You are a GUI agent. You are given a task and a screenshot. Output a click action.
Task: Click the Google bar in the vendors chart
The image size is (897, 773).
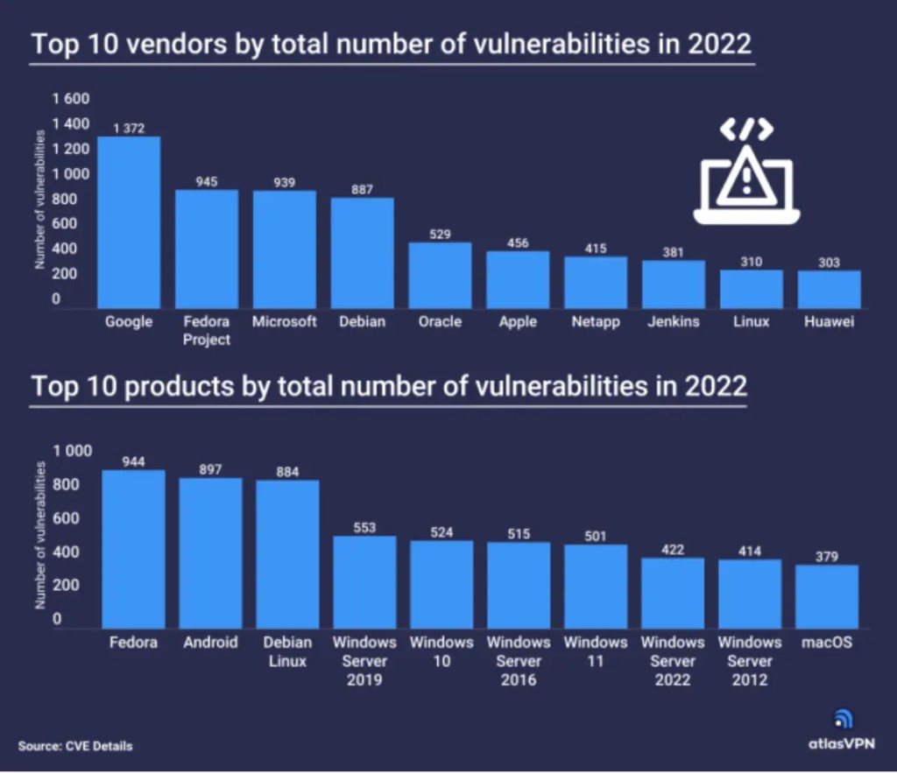129,222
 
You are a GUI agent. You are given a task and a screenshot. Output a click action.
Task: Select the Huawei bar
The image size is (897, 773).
829,289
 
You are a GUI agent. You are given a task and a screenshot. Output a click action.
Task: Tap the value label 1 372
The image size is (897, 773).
128,129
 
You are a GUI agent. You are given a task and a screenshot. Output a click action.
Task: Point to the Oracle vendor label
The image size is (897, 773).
440,321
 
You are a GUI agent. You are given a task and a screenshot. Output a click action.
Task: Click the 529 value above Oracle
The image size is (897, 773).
440,234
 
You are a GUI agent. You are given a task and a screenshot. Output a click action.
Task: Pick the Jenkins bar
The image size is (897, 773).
674,284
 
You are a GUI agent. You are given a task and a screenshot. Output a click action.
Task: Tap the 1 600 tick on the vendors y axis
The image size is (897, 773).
69,99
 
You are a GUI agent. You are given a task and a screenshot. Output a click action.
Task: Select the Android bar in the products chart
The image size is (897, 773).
210,552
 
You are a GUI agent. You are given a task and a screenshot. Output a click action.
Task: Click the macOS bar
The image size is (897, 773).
827,595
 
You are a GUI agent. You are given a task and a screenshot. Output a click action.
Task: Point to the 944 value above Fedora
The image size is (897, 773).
133,462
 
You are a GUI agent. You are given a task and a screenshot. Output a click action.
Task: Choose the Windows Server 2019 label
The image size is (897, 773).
364,661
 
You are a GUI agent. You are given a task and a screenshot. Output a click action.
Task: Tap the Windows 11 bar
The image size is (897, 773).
596,586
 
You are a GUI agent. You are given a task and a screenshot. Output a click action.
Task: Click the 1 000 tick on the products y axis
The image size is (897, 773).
73,451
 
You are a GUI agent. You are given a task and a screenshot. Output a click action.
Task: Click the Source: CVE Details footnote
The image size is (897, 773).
75,746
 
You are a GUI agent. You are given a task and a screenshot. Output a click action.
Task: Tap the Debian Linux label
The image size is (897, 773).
287,652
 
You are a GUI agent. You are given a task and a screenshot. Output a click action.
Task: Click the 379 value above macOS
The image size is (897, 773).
827,557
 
